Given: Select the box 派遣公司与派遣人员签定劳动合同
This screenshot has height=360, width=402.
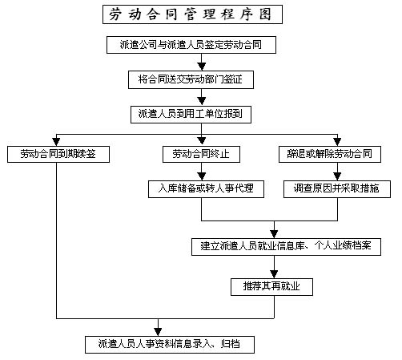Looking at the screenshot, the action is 191,45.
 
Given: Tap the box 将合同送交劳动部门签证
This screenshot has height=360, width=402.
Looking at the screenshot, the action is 191,79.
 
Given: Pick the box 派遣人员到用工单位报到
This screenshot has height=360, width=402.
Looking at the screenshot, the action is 191,115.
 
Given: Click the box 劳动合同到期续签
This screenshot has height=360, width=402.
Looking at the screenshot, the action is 58,154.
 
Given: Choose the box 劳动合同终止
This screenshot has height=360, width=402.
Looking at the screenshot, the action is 201,154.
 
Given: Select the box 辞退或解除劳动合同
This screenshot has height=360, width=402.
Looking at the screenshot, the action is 330,154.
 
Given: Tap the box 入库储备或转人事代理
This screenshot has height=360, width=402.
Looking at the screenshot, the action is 206,189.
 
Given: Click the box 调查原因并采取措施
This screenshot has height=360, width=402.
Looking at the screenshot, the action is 337,189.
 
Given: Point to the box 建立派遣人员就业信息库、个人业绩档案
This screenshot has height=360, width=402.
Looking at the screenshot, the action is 286,247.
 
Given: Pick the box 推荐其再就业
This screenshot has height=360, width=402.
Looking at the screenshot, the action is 271,287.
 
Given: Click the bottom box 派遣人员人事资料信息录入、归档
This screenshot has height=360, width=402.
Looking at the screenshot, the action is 170,345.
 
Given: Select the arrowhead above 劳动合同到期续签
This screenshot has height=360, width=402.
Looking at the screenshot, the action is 56,142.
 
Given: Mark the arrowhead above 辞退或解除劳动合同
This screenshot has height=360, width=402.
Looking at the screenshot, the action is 337,142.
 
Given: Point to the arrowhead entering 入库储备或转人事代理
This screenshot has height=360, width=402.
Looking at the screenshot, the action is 202,176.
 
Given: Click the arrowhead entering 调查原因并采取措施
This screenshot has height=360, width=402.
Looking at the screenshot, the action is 337,176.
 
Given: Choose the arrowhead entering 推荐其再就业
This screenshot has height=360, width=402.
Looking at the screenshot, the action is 274,274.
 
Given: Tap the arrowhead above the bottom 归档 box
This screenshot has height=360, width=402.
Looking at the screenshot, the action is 158,332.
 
